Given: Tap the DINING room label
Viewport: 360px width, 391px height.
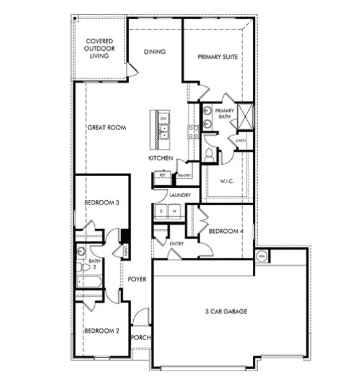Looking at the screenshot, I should point(154,52).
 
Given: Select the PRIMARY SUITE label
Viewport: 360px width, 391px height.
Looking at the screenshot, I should point(217,57).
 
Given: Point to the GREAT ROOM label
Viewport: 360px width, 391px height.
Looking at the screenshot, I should point(107,128).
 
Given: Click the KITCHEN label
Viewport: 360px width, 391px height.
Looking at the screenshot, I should point(160,159).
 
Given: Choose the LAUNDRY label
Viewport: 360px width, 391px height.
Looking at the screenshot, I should point(179,196).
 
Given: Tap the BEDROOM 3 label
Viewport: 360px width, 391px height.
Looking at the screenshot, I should point(102,202).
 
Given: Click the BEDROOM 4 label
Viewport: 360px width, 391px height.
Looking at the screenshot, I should point(222,231).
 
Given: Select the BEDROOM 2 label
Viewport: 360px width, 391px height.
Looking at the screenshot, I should point(102,330).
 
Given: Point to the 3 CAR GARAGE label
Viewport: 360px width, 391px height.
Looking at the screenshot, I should point(226,311).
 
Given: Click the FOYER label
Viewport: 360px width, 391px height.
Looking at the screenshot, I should point(137,279).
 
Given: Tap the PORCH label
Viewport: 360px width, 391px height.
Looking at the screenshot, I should point(141,338).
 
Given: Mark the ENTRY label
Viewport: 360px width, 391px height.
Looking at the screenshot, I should point(177,244).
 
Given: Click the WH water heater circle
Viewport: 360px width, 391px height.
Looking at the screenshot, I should point(261,255).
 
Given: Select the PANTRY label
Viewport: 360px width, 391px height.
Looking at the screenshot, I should point(183,175).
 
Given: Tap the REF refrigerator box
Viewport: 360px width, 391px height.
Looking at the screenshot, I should point(162,175).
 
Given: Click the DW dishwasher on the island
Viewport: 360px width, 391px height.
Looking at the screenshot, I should point(164,118).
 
